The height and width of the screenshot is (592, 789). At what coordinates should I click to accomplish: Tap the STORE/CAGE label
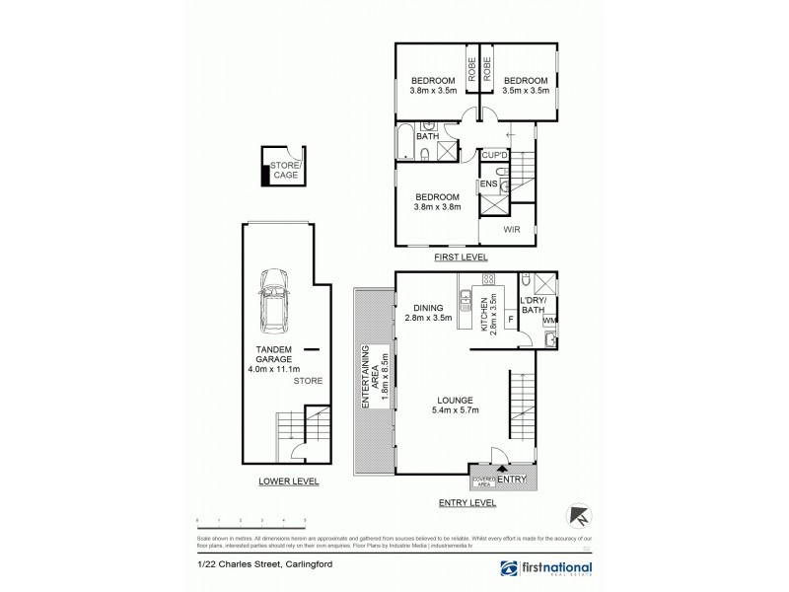285,169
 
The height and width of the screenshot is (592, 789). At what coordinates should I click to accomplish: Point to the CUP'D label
493,155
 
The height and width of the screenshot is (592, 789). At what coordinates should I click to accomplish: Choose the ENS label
488,185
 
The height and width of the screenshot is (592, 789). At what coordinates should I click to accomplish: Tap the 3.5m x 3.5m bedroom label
523,87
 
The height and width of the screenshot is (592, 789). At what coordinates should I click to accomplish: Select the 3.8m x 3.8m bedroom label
435,202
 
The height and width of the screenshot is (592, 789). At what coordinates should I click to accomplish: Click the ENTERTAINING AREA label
371,379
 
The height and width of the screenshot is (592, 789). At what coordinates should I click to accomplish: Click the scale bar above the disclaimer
251,520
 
